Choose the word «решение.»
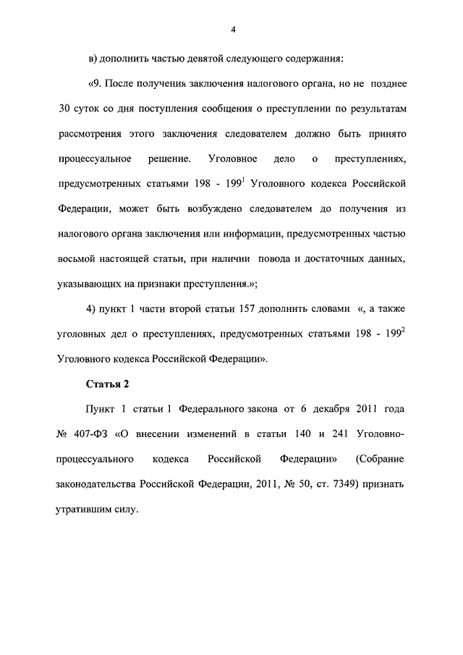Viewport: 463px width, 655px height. pos(171,159)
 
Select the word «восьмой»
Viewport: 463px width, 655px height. pos(76,259)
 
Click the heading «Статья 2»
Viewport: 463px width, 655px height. pos(107,383)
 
